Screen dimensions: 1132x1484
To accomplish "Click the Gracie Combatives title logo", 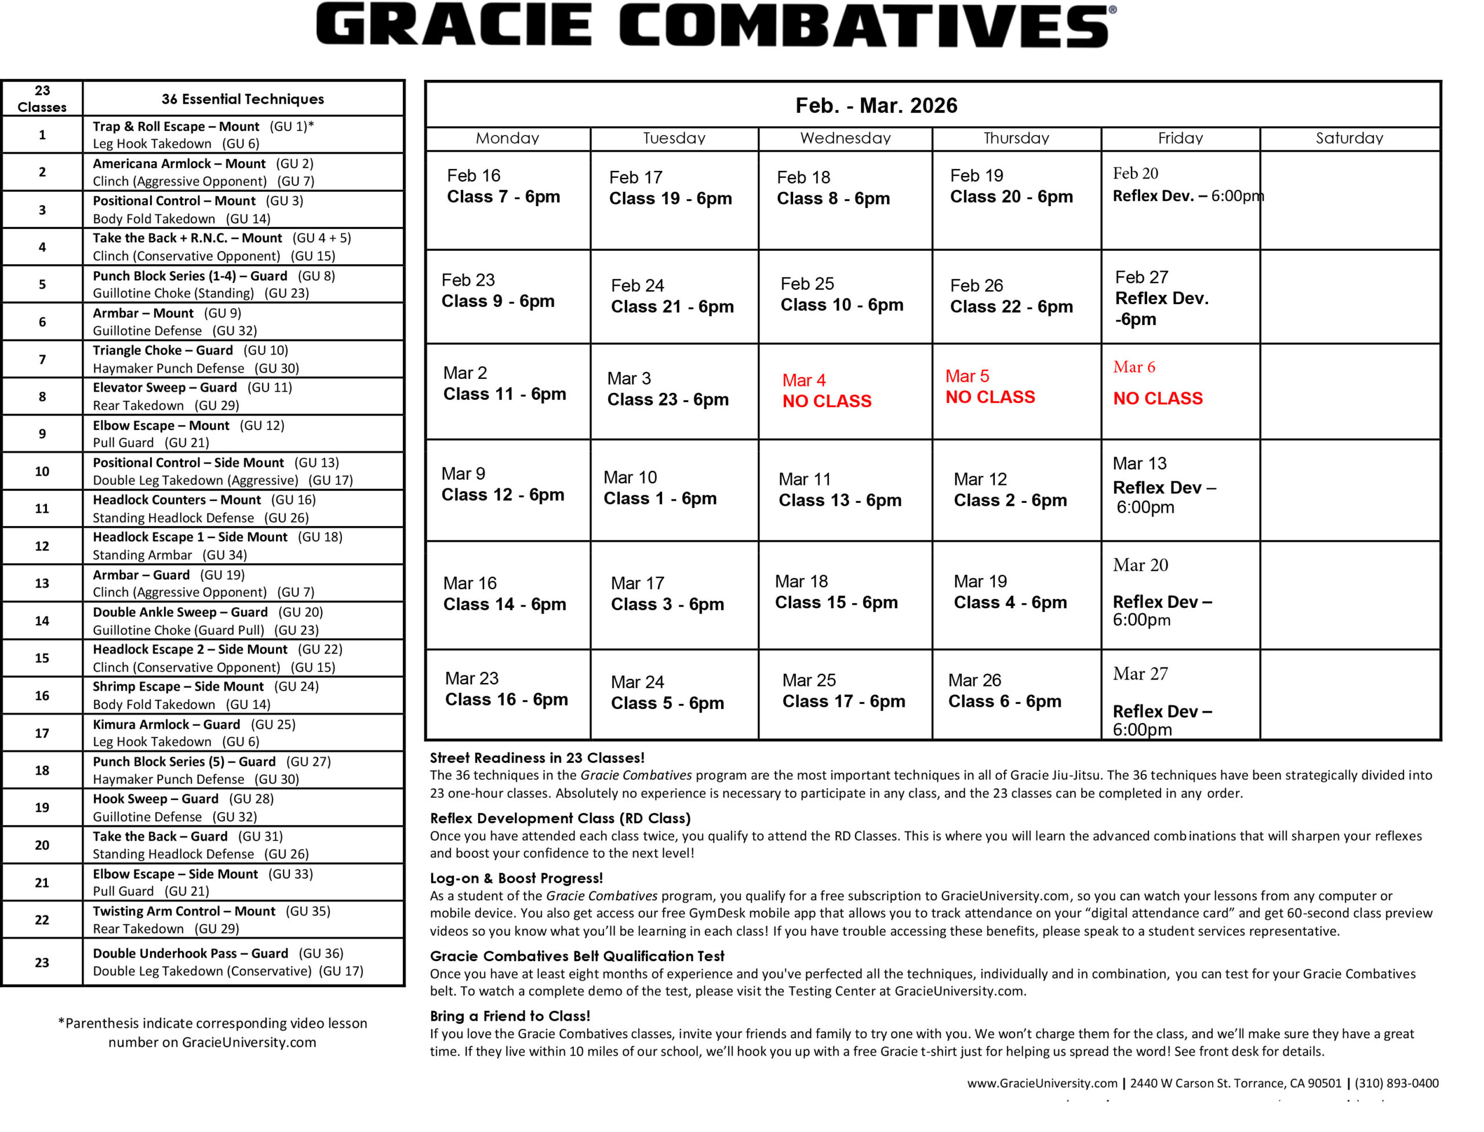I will (x=715, y=25).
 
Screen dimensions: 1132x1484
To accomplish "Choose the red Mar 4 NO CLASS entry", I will (x=827, y=391).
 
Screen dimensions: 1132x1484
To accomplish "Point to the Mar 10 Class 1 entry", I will (x=660, y=488).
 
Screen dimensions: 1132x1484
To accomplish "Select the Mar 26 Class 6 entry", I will (x=1004, y=691).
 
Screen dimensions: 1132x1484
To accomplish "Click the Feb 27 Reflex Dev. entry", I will (x=1161, y=298).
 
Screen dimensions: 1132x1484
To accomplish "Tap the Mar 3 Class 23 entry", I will (x=667, y=389).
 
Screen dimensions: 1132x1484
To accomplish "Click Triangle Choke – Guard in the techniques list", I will (x=162, y=350).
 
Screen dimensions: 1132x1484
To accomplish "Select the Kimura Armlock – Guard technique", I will (x=166, y=724).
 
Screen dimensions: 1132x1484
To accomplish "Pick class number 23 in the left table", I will (x=42, y=962).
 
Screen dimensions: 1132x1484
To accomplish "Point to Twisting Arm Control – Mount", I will (x=183, y=911).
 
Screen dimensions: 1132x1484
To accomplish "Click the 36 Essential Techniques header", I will (x=243, y=99).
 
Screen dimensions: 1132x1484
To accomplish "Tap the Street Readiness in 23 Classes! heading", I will (x=537, y=758).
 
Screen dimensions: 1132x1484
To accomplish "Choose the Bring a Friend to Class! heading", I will (x=510, y=1016).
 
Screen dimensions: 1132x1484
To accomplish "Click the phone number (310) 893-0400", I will (x=1396, y=1083).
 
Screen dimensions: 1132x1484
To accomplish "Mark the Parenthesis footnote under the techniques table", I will (x=212, y=1032).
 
